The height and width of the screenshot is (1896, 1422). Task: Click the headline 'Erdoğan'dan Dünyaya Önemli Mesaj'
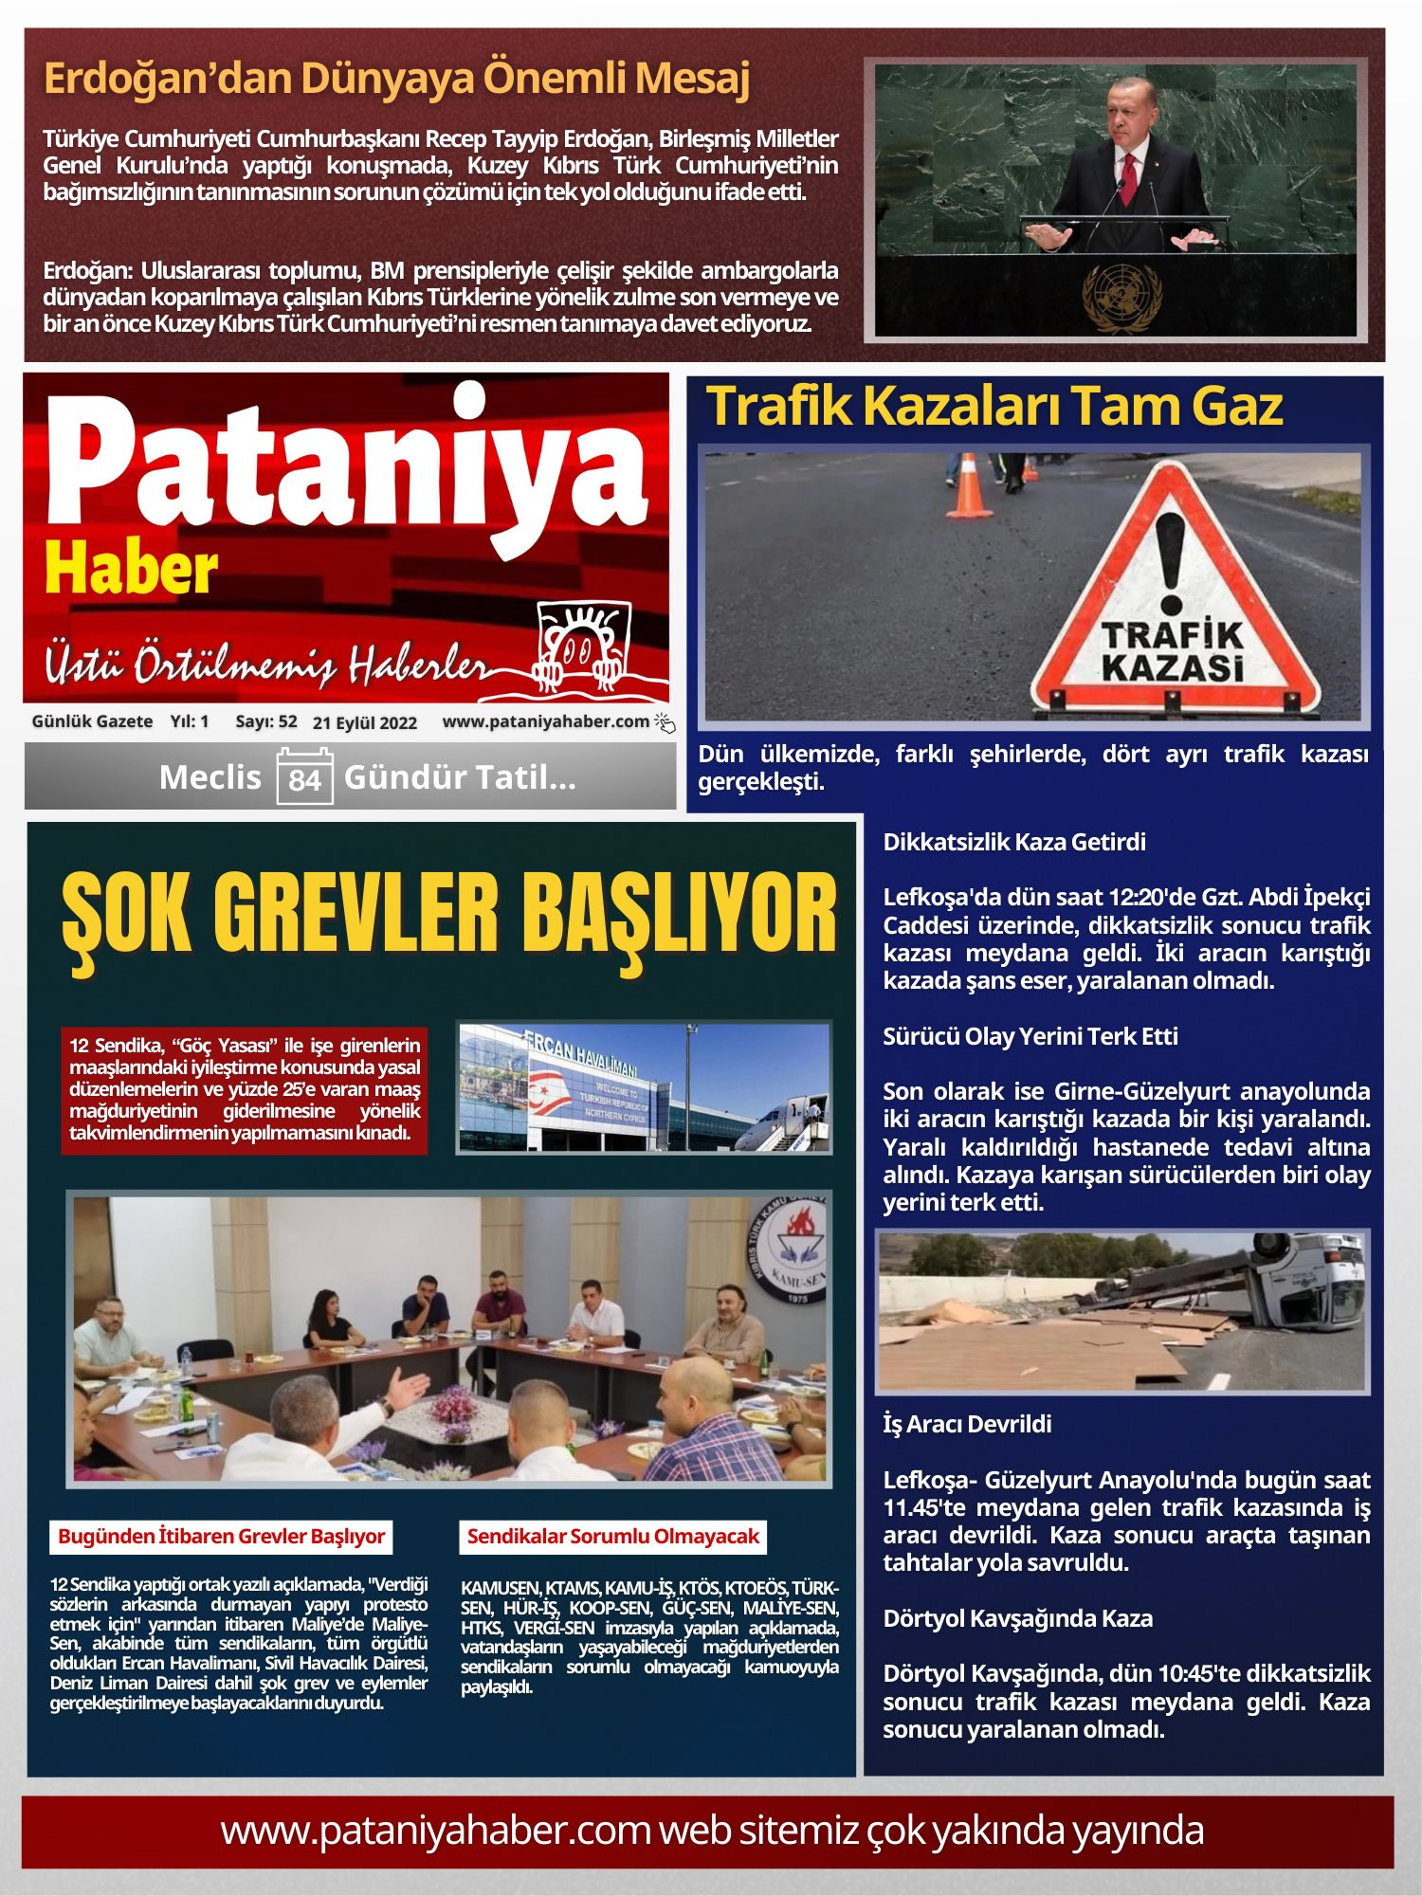click(396, 79)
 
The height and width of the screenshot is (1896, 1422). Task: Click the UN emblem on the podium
click(1121, 296)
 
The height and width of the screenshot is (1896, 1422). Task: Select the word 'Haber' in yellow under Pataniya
click(131, 569)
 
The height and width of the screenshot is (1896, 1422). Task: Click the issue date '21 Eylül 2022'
click(365, 722)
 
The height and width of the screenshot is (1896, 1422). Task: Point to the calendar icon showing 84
click(304, 777)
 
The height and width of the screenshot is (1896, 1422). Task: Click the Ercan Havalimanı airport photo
click(644, 1087)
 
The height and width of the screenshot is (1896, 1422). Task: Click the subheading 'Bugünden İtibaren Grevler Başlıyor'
click(221, 1536)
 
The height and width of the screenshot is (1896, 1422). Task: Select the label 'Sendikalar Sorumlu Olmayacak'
click(613, 1536)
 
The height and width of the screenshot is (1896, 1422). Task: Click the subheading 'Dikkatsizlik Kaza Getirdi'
click(1014, 842)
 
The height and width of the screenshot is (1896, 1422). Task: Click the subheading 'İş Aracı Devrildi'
click(967, 1424)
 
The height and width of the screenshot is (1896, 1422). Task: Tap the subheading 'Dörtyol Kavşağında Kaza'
click(1017, 1618)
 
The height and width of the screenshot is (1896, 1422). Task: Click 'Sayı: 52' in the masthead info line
click(265, 721)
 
